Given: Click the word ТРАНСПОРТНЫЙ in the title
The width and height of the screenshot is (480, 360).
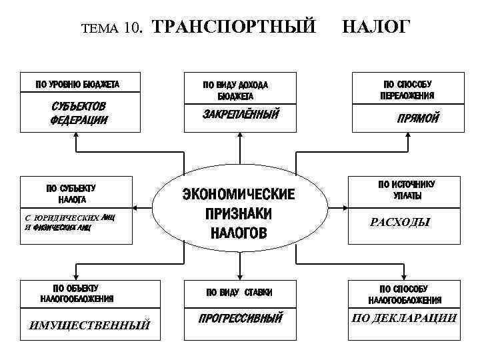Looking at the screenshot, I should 235,27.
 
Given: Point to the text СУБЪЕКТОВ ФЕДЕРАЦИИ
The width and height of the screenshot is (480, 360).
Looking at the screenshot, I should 79,114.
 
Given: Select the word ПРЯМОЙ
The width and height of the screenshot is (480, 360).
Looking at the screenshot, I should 418,119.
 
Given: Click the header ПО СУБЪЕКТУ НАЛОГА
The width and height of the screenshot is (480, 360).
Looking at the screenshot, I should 70,193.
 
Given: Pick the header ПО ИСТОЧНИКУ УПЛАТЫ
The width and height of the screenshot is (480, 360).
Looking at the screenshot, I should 406,190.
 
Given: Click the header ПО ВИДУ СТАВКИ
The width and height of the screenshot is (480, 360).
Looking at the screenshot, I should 239,292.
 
